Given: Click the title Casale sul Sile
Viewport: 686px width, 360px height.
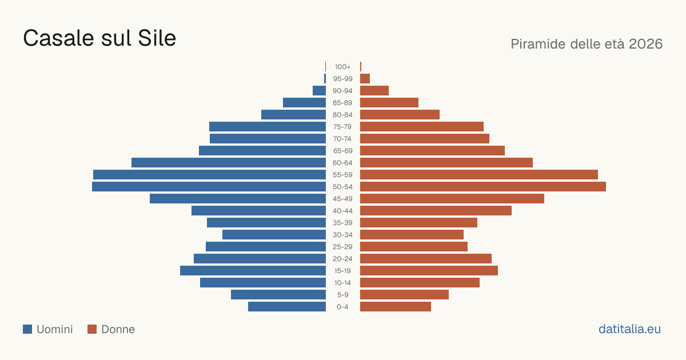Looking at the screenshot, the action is pos(99,38).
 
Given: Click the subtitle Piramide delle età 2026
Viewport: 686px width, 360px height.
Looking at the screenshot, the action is pos(587,44).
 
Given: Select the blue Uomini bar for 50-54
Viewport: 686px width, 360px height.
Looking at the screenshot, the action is pos(209,187).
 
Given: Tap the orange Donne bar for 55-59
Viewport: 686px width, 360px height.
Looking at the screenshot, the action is pos(479,175).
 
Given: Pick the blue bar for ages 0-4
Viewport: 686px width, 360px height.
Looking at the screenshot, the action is pos(287,307).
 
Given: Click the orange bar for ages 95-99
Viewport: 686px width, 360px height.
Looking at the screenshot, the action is pos(365,79).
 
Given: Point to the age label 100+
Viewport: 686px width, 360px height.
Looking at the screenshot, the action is pos(342,67).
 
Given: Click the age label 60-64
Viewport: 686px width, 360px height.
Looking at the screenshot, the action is pos(342,163).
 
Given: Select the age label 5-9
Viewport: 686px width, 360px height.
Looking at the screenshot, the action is pos(342,295).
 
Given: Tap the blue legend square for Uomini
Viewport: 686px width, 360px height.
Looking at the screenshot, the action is pos(27,329).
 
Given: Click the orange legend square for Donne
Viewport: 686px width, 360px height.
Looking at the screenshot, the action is pos(92,329).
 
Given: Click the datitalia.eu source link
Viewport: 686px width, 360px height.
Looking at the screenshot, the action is pos(629,329).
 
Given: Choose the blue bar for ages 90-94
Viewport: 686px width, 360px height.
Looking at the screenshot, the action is pos(319,91).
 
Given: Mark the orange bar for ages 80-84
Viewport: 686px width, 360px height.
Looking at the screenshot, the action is pos(400,115).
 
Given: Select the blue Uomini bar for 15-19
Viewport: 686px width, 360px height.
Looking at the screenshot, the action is pos(253,271).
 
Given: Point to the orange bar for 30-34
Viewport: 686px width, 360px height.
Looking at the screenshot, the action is pos(412,235).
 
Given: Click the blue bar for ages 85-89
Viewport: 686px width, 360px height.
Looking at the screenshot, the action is pos(304,102).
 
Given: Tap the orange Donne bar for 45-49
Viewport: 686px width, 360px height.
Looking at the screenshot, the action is pos(452,199).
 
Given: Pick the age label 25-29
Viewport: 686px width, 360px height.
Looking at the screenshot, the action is pos(342,247).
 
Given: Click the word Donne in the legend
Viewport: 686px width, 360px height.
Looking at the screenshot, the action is pos(118,329).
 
